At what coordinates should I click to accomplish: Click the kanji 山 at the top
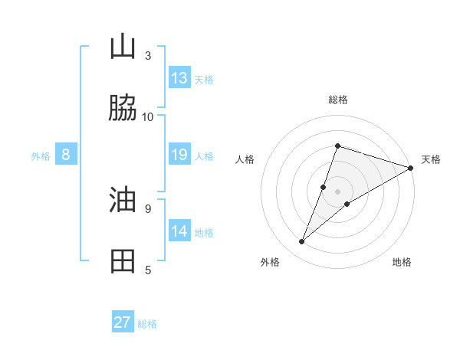point(123,47)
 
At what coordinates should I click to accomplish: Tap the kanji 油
point(123,201)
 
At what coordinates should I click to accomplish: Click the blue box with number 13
point(179,78)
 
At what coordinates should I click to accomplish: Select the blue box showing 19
point(179,155)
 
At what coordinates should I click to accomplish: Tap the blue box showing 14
point(179,231)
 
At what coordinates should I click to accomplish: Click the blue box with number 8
point(66,155)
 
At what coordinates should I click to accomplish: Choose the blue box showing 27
point(123,322)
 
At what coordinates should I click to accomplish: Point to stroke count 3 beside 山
point(148,55)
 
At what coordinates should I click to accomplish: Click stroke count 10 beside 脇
point(148,116)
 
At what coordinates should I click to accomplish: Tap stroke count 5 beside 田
point(148,270)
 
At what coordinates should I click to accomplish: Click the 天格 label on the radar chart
point(431,159)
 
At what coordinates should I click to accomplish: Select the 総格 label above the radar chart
point(338,100)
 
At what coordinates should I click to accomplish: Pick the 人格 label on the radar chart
point(245,159)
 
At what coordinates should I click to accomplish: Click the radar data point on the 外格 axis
point(302,242)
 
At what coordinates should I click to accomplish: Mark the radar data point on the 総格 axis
point(337,146)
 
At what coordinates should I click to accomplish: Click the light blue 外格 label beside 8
point(41,156)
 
